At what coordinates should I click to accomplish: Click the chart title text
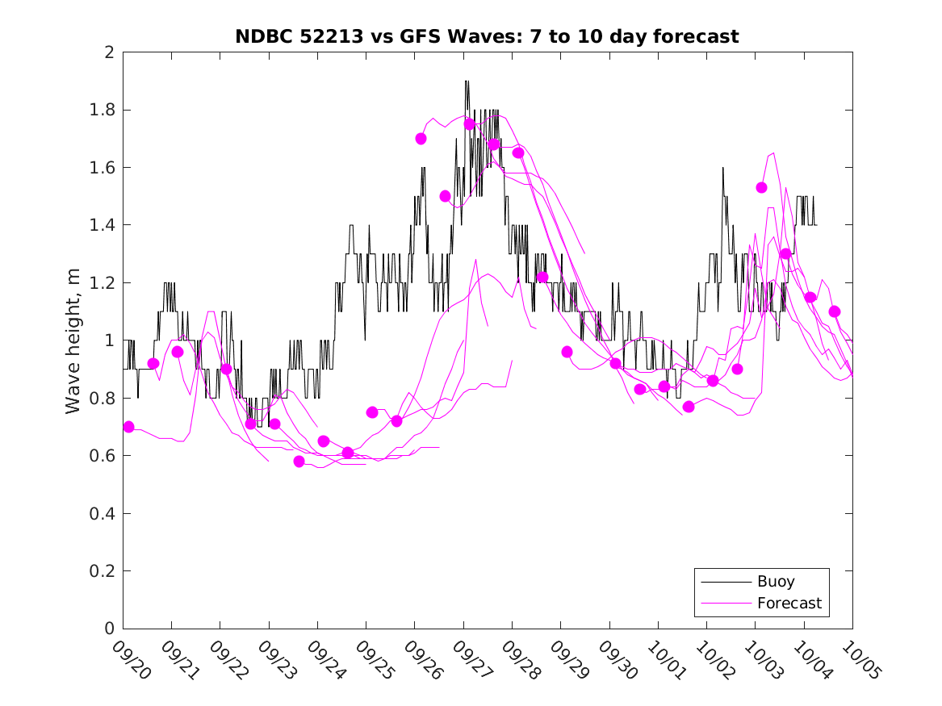[487, 36]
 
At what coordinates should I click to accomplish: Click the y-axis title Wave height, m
[73, 340]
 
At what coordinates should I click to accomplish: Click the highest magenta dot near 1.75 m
[469, 124]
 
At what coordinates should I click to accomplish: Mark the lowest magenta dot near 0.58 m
[299, 462]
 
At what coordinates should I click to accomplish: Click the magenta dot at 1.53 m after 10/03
[761, 187]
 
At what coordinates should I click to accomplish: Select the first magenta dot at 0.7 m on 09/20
[128, 427]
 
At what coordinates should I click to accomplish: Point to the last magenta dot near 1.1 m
[835, 311]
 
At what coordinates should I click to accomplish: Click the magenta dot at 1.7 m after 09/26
[421, 139]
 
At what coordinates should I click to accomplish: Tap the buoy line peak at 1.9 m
[467, 81]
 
